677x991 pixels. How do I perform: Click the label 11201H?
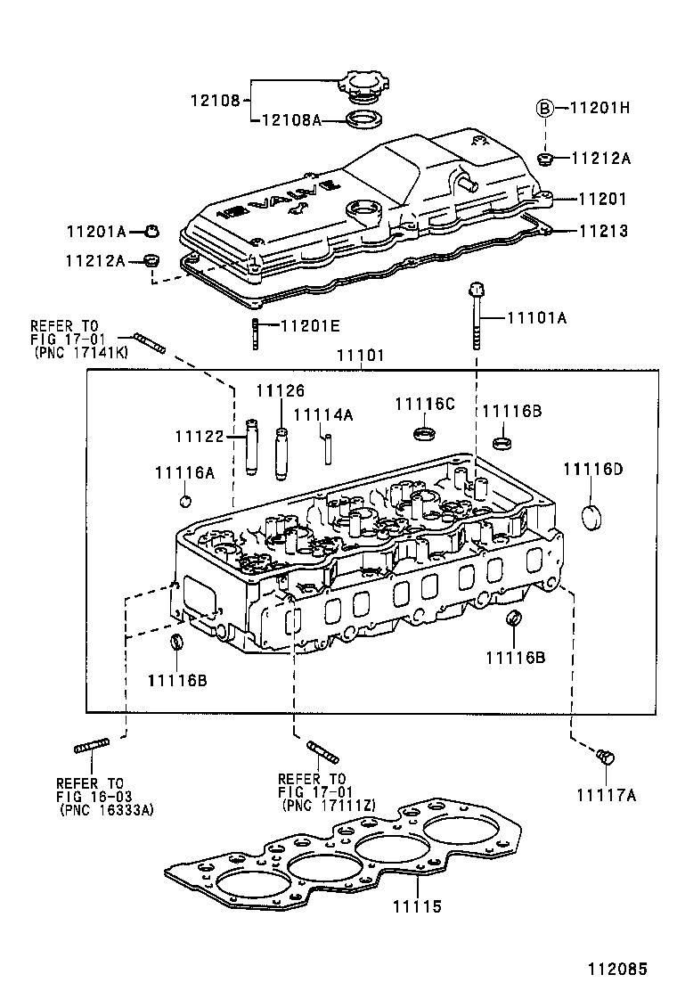[600, 108]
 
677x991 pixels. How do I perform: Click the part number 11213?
[603, 231]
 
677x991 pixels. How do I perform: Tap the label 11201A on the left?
[95, 232]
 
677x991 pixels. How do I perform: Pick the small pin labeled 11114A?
[326, 444]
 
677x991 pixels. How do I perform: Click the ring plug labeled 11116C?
[427, 435]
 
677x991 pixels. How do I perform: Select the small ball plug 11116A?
[185, 497]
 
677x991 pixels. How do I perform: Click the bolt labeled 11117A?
[607, 757]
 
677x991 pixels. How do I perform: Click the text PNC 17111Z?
[329, 805]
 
